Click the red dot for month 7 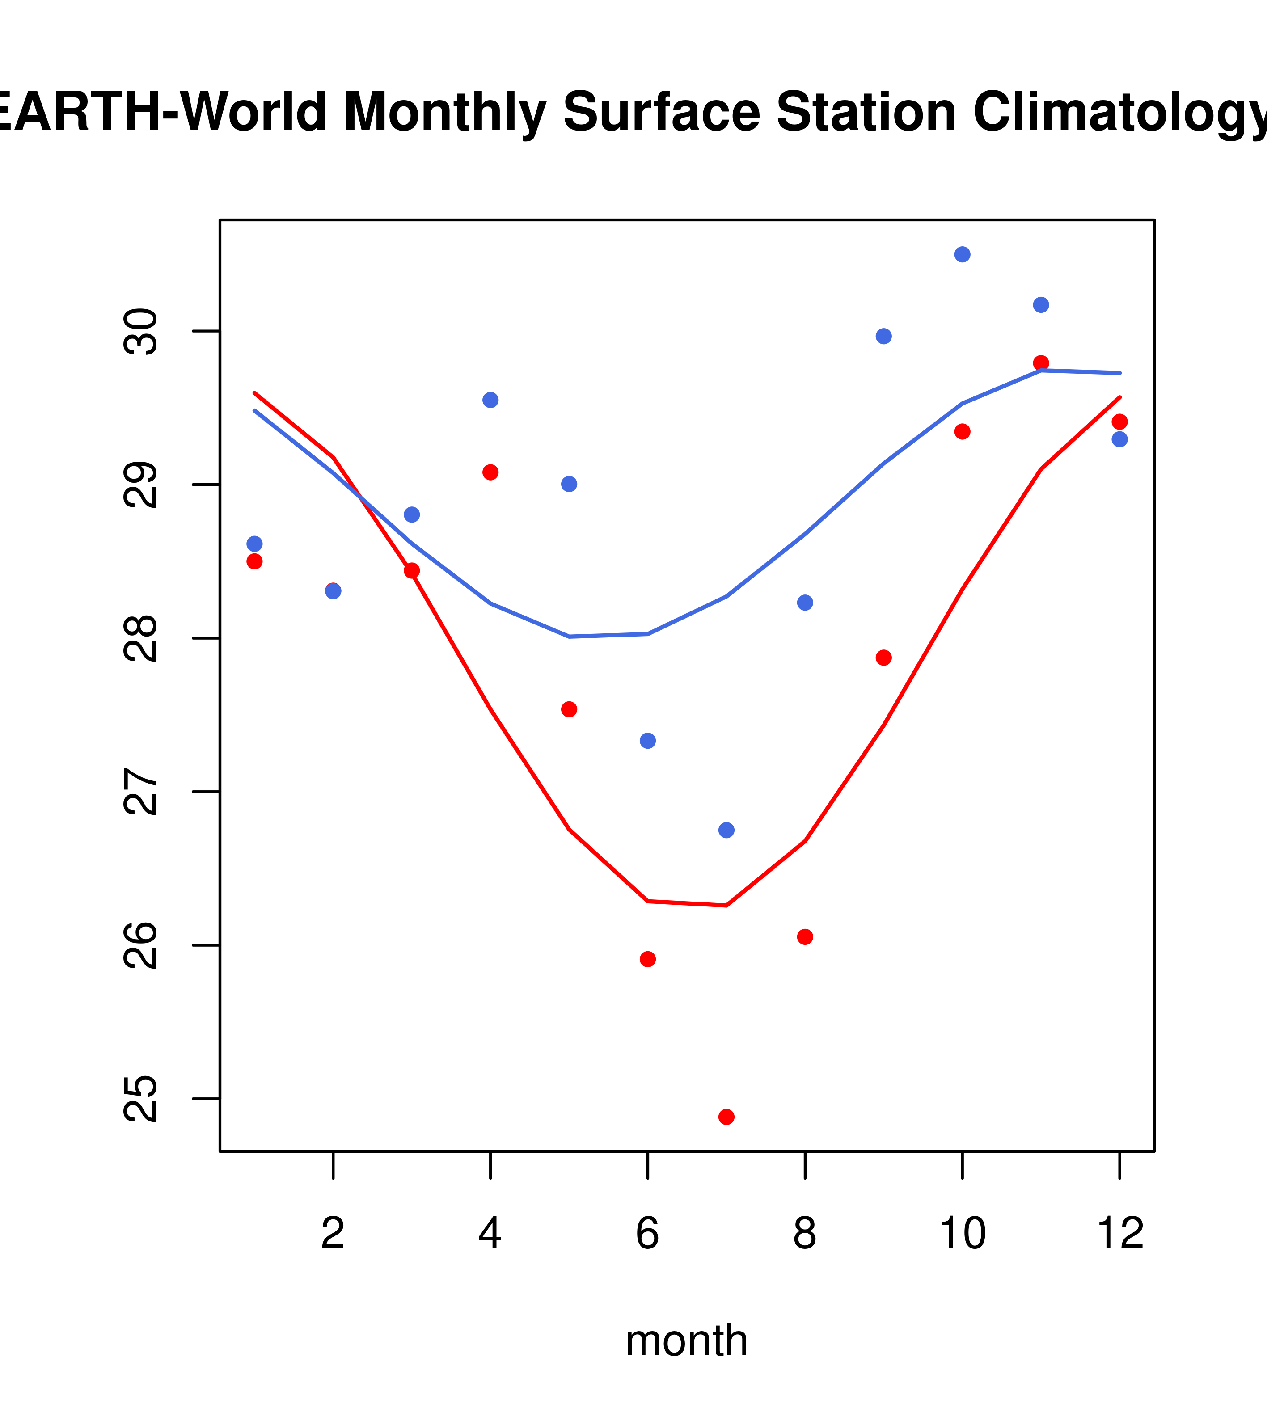click(x=726, y=1117)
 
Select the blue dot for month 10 click(x=962, y=254)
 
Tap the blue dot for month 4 click(x=490, y=400)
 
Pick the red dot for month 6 click(x=648, y=959)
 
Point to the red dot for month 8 click(x=805, y=937)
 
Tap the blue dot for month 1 click(x=254, y=544)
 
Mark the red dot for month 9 click(x=883, y=658)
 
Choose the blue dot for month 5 click(x=569, y=484)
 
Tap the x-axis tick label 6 click(x=648, y=1234)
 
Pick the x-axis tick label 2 click(x=334, y=1234)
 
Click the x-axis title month click(x=687, y=1341)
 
